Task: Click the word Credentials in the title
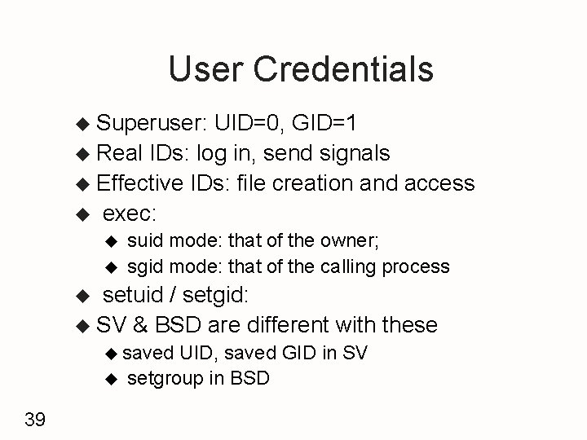[344, 70]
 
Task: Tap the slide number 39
[35, 420]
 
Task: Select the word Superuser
[152, 123]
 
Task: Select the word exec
[130, 213]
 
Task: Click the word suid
[144, 240]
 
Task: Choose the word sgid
[144, 266]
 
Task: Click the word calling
[348, 266]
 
